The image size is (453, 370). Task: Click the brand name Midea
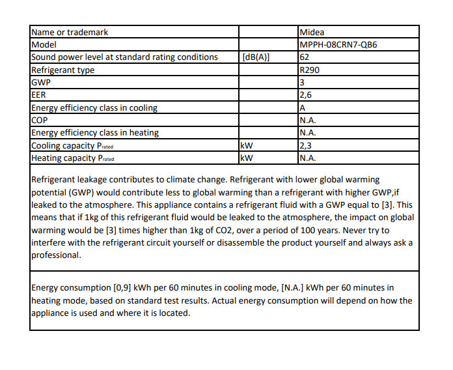pos(312,33)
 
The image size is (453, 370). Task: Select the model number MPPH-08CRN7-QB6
pos(338,45)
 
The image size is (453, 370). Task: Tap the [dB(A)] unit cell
pos(255,57)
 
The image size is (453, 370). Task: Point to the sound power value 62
pos(304,57)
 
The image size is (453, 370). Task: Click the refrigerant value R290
pos(309,70)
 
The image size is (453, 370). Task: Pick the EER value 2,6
pos(305,95)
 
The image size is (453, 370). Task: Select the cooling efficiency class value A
pos(303,107)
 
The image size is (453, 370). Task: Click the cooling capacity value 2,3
pos(305,145)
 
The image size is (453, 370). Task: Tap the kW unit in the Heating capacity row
pos(246,158)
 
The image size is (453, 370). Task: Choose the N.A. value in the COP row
pos(308,120)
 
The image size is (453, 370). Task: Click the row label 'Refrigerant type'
pos(63,70)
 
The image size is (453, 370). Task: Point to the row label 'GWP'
pos(41,83)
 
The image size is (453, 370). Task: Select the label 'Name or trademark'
pos(70,33)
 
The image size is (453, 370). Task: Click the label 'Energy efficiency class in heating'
pos(95,133)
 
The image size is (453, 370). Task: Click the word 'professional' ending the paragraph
pos(56,255)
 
